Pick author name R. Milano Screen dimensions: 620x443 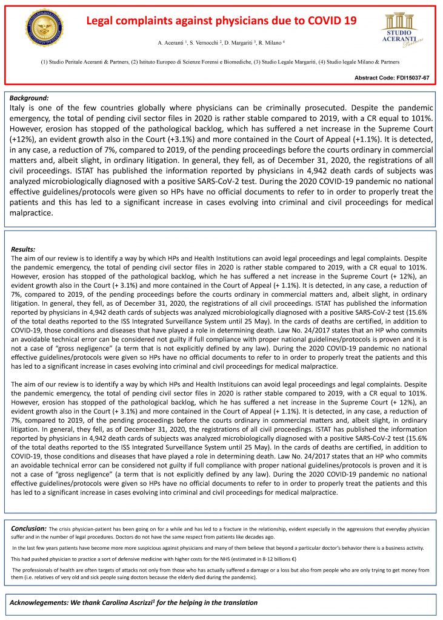[x=275, y=44]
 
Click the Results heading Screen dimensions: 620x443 [x=24, y=249]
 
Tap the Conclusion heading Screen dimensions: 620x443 [x=29, y=529]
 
